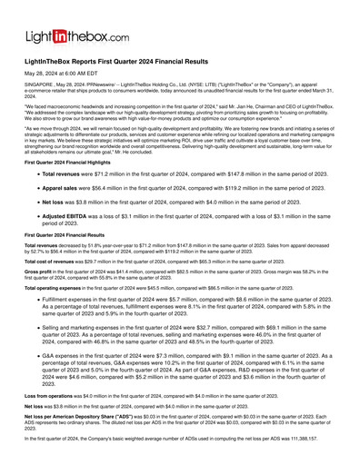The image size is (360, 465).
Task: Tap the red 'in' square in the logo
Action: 68,35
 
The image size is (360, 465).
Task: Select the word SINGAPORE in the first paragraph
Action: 39,96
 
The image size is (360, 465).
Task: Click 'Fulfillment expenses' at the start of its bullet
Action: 72,299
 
